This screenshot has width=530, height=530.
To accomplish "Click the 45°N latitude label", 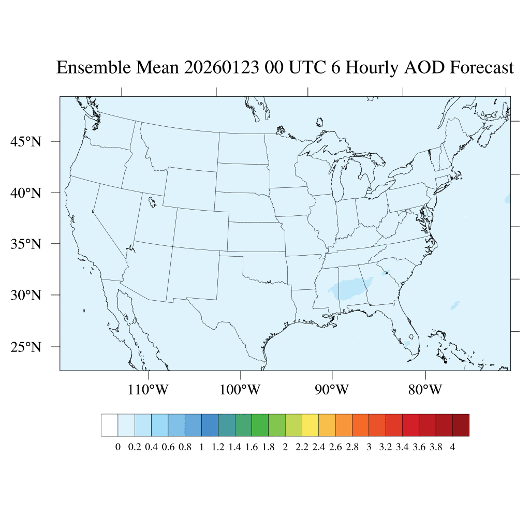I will click(x=25, y=141).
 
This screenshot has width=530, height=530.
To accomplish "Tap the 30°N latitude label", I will click(x=25, y=296).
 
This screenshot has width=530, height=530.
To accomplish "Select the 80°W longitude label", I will click(x=425, y=389).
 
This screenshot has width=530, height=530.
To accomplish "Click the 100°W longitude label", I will click(x=241, y=389).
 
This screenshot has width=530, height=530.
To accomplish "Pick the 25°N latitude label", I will click(x=25, y=347).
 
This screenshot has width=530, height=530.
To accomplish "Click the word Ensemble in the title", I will click(x=94, y=68).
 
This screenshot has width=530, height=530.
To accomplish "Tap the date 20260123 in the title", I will click(x=222, y=68).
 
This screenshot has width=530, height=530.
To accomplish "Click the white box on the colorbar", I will click(x=110, y=425).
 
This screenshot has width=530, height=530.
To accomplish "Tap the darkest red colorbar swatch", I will click(x=461, y=425).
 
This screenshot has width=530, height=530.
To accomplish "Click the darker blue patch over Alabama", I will click(x=352, y=288).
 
